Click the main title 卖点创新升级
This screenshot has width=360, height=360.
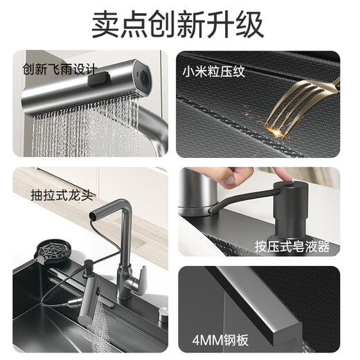(179, 24)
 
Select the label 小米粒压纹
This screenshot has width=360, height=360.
(215, 70)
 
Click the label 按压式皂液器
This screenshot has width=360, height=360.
(292, 246)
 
